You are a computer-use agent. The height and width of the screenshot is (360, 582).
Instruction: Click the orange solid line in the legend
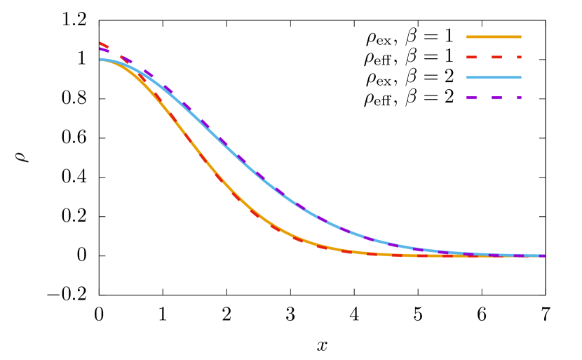(x=494, y=36)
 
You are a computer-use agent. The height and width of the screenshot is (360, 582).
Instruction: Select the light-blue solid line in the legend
(x=494, y=77)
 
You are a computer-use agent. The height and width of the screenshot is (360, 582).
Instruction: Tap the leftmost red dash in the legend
(x=471, y=57)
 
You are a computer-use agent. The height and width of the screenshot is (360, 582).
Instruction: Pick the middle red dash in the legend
(x=496, y=57)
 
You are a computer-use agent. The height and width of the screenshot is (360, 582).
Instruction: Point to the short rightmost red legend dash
(x=519, y=57)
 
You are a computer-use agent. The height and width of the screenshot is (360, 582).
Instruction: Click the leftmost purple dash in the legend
(x=471, y=98)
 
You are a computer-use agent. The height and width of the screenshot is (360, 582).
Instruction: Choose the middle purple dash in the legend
(x=496, y=98)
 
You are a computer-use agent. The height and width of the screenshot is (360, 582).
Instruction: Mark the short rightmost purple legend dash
(x=519, y=98)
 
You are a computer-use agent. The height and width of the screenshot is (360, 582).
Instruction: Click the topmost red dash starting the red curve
(x=104, y=45)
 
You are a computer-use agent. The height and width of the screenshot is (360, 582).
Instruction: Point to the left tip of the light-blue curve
(x=101, y=60)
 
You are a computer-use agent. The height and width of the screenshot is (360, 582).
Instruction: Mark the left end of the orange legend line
(x=468, y=36)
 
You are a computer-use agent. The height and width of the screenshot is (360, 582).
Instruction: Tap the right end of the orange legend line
(x=520, y=36)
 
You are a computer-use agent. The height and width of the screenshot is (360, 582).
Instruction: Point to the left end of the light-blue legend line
(x=468, y=77)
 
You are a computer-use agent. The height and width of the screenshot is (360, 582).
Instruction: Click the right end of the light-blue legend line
(x=520, y=77)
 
